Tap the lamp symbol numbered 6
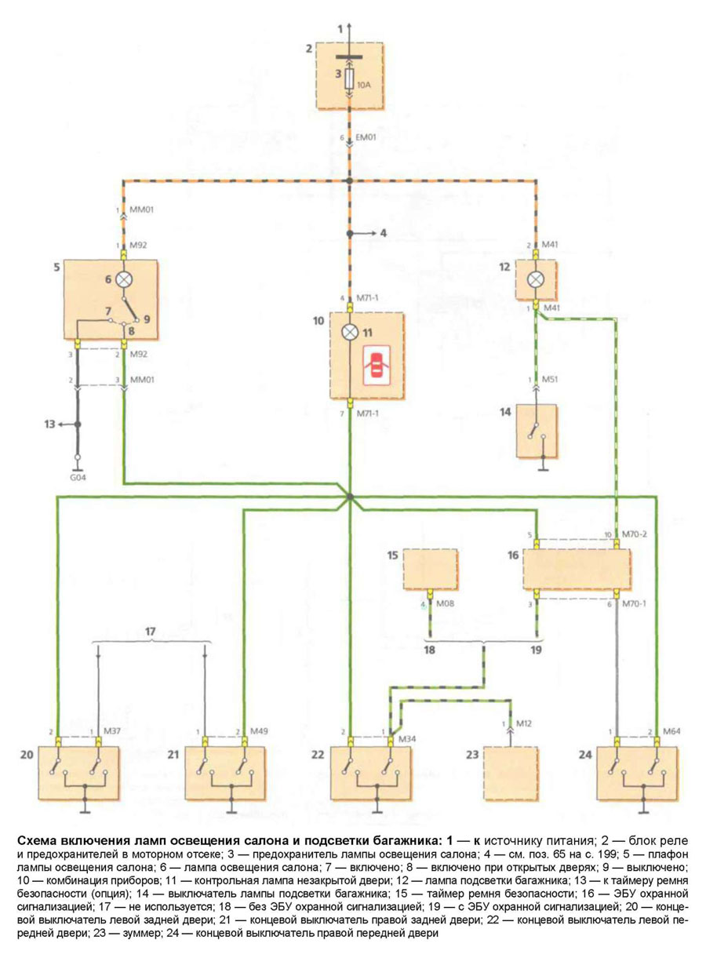pyautogui.click(x=123, y=279)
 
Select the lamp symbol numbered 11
pyautogui.click(x=350, y=332)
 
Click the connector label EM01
pyautogui.click(x=366, y=138)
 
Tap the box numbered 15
pyautogui.click(x=430, y=569)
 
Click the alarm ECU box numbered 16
pyautogui.click(x=577, y=569)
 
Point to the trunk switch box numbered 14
pyautogui.click(x=537, y=431)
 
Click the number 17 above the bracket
pyautogui.click(x=152, y=630)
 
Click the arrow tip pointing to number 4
pyautogui.click(x=374, y=233)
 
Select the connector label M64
pyautogui.click(x=673, y=732)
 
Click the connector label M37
pyautogui.click(x=113, y=732)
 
